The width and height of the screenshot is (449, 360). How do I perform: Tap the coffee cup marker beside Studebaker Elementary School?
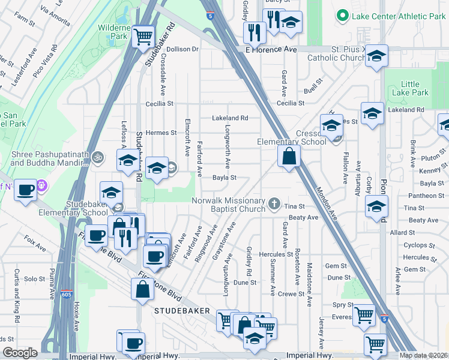96,235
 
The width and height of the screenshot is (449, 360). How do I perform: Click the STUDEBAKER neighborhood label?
181,311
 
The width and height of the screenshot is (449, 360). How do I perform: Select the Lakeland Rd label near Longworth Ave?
229,118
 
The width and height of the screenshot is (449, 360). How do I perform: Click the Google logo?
20,353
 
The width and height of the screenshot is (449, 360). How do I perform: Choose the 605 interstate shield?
67,295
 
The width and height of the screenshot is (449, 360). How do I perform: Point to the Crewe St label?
291,293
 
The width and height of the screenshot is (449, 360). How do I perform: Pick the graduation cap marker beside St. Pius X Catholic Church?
376,56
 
